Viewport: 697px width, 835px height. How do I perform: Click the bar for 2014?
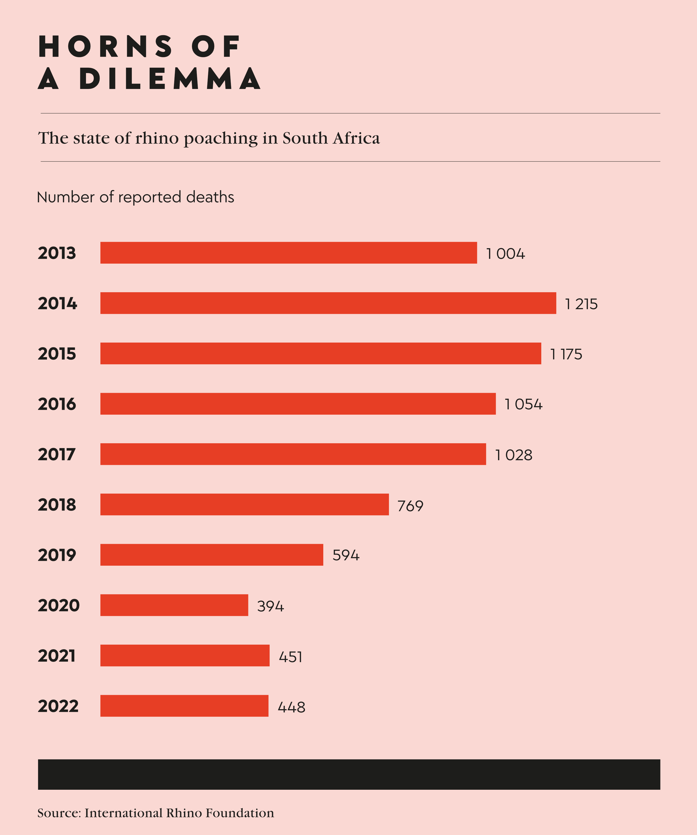point(328,303)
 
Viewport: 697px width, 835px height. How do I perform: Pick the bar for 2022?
point(184,706)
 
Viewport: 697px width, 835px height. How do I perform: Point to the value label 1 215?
point(581,304)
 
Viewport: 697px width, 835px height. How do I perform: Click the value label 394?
point(270,606)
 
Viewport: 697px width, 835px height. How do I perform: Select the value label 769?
point(410,506)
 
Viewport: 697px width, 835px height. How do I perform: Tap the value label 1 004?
point(505,254)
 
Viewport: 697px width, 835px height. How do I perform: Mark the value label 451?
point(290,657)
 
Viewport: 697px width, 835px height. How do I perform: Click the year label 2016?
point(57,404)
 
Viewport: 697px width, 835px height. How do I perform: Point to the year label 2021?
point(56,656)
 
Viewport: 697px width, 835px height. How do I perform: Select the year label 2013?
point(57,253)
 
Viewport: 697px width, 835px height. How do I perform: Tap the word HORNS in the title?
point(106,47)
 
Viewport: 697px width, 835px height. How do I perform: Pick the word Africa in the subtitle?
point(356,138)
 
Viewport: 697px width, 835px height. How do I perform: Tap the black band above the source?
point(349,774)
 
